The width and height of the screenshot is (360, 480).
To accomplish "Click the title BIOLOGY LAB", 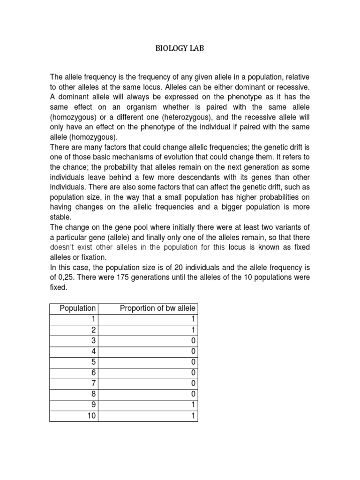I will click(x=180, y=48).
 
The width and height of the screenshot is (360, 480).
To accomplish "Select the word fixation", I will click(x=93, y=258).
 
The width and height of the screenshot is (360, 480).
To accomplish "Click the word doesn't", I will click(x=63, y=247).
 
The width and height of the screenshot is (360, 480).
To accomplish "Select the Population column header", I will click(x=77, y=308).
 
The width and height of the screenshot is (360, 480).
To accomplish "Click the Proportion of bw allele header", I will click(x=158, y=308).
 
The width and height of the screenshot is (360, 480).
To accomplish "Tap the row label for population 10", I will click(x=90, y=416).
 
